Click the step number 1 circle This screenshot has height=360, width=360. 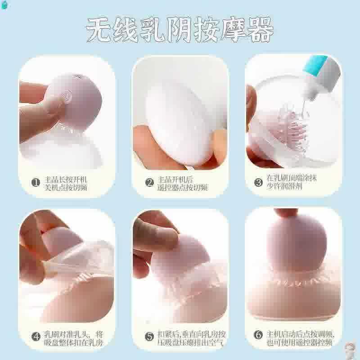pos(36,183)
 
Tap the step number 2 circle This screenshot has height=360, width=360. pos(150,183)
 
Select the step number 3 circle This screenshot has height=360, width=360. pos(258,182)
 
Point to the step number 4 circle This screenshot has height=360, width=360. pos(36,336)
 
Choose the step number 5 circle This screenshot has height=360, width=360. pos(150,336)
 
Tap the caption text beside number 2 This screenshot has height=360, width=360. pos(181,183)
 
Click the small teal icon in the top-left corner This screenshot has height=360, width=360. pos(5,5)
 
